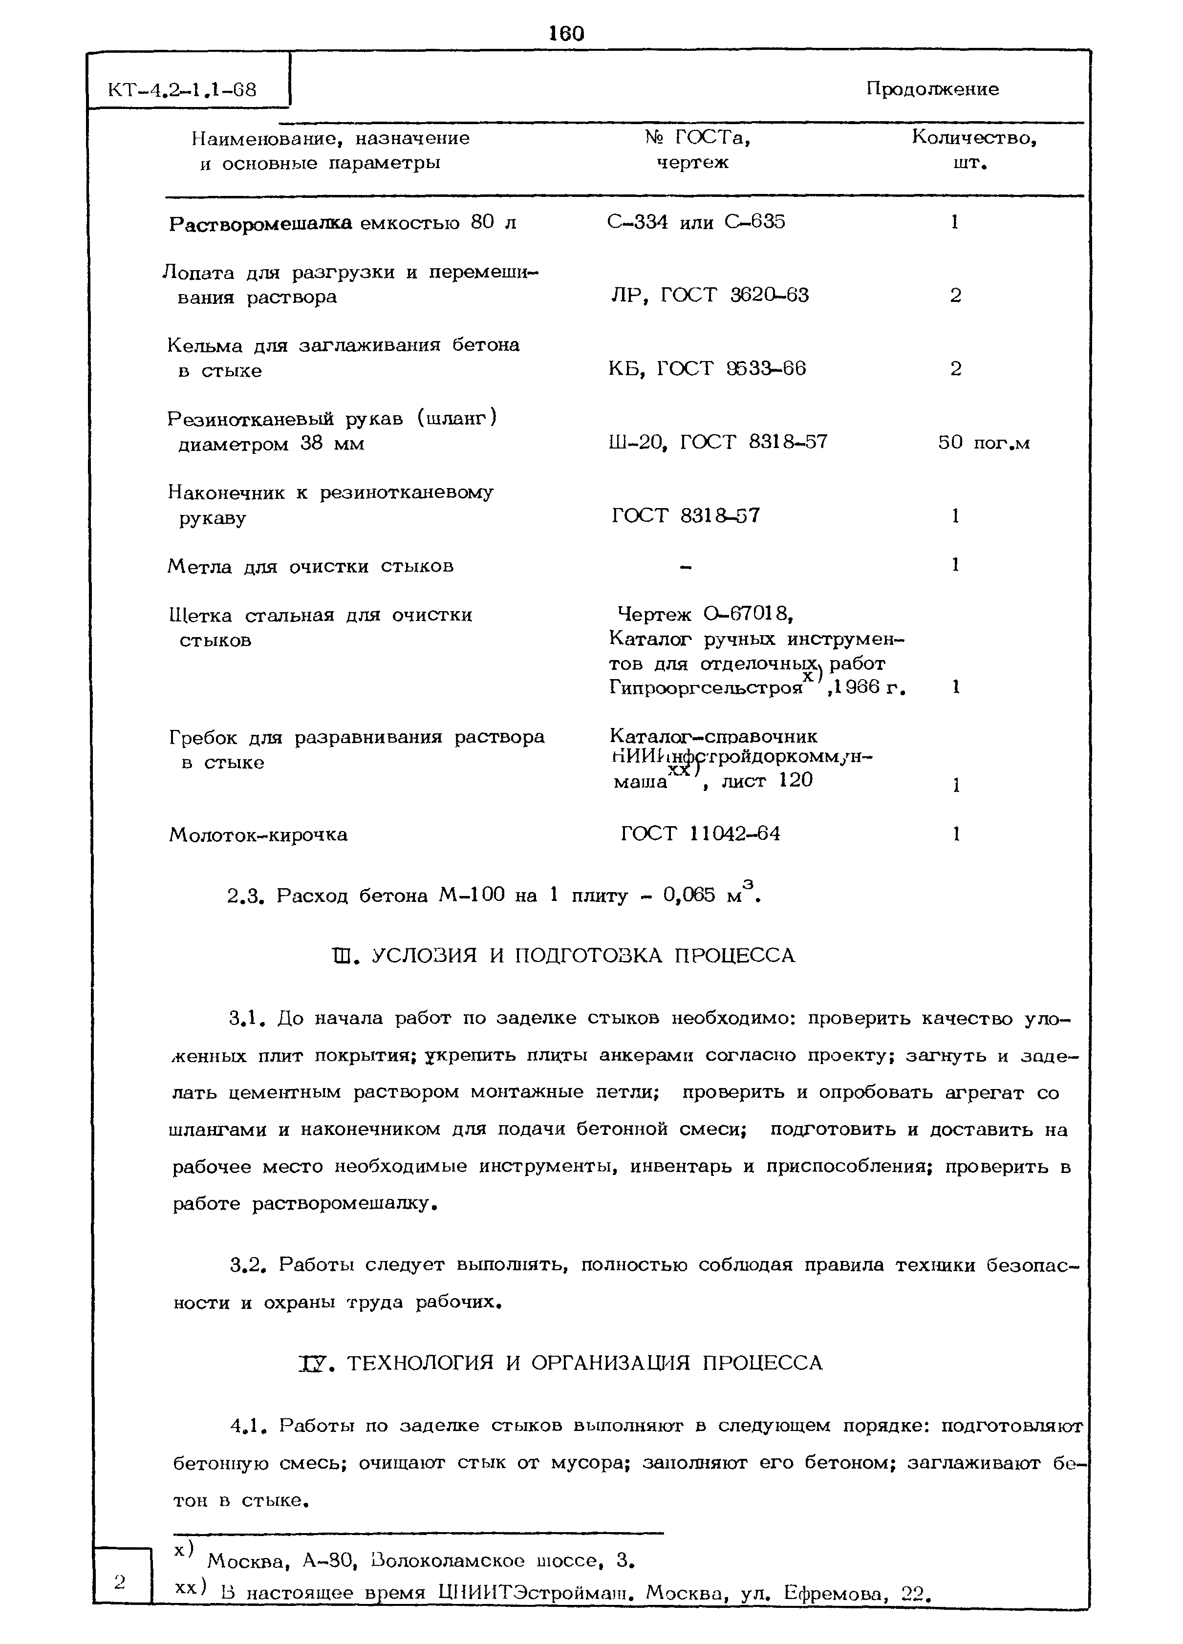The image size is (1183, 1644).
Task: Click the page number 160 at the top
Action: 566,33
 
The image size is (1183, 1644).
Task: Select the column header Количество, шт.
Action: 973,149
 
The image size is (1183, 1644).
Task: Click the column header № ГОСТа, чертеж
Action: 696,149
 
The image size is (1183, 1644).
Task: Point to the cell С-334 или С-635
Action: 695,222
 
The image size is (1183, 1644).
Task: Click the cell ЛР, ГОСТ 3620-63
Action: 710,295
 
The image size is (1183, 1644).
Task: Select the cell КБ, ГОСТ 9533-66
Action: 707,369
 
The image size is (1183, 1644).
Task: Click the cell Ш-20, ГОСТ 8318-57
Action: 718,442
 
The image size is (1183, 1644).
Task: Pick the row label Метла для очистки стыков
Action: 310,566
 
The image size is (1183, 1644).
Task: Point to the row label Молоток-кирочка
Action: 258,835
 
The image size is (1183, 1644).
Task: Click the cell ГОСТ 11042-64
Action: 700,833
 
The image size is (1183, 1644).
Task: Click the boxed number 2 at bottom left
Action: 120,1580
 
